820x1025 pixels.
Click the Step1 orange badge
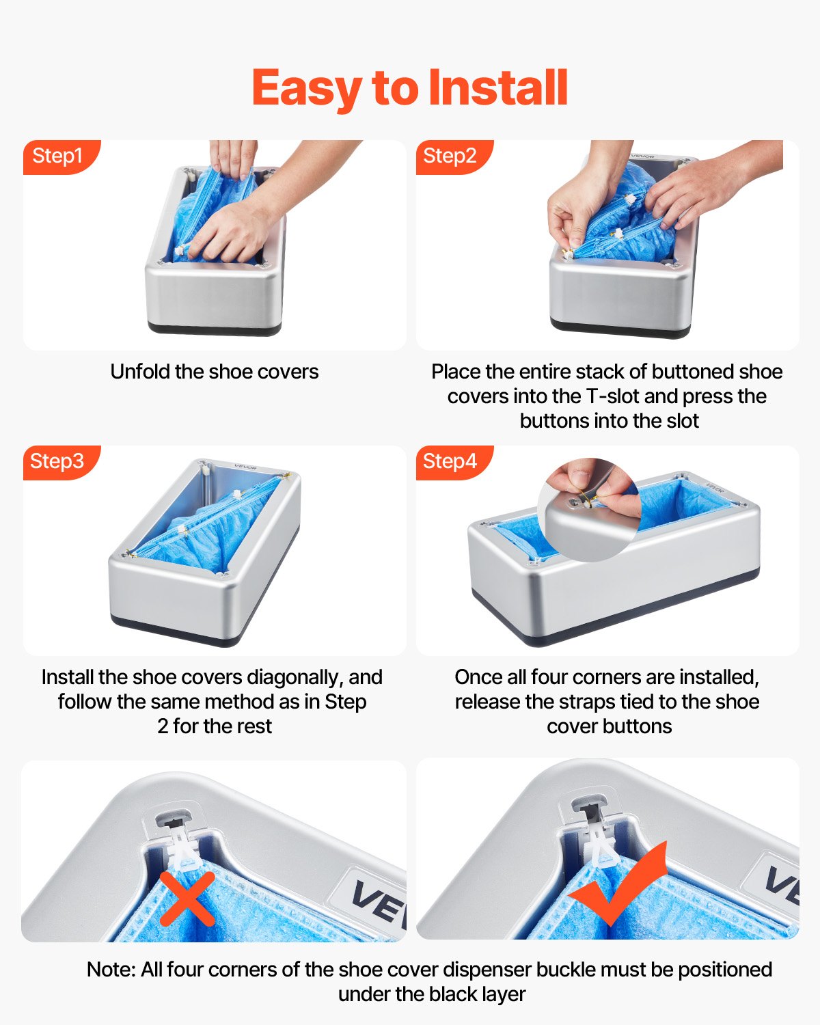(59, 156)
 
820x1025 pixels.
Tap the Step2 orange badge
(450, 156)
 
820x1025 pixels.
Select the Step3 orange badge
(58, 461)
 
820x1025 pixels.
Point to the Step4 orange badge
(450, 461)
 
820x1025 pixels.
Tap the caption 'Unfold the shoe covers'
(215, 372)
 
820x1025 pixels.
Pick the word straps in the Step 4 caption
(590, 702)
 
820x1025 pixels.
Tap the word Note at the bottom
(111, 970)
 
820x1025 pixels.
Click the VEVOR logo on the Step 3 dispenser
(245, 467)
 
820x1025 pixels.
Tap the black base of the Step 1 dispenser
(215, 330)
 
